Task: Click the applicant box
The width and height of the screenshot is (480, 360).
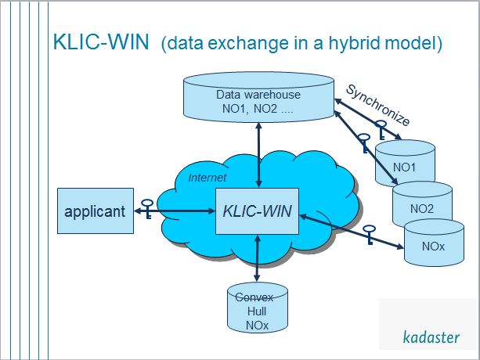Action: click(x=95, y=211)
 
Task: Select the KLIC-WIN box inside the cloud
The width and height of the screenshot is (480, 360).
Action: click(x=258, y=211)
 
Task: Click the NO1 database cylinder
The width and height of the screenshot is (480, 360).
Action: click(x=405, y=164)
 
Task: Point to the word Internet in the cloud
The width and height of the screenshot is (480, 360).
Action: click(x=207, y=178)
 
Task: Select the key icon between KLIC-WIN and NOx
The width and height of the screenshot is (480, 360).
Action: click(x=369, y=232)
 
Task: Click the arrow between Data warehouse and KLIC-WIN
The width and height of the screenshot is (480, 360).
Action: click(x=258, y=155)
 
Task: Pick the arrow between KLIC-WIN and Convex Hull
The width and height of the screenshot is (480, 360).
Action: click(x=258, y=259)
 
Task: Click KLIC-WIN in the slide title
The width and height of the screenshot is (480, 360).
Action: click(x=101, y=42)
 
